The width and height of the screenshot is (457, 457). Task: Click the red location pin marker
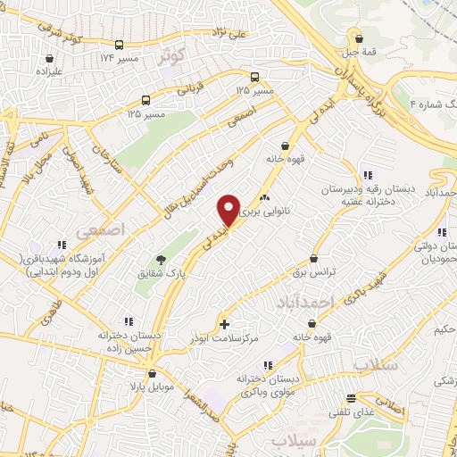(229, 210)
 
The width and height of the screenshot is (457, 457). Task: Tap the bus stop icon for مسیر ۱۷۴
(120, 45)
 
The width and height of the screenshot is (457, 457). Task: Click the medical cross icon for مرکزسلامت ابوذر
(224, 323)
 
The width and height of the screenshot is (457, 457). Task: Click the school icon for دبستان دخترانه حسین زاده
(129, 320)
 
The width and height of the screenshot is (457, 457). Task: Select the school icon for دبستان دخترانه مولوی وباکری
(266, 365)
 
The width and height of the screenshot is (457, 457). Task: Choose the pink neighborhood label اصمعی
(96, 231)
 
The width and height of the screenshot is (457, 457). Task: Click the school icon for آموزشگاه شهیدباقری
(61, 244)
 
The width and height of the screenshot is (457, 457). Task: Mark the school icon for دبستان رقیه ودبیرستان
(366, 175)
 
